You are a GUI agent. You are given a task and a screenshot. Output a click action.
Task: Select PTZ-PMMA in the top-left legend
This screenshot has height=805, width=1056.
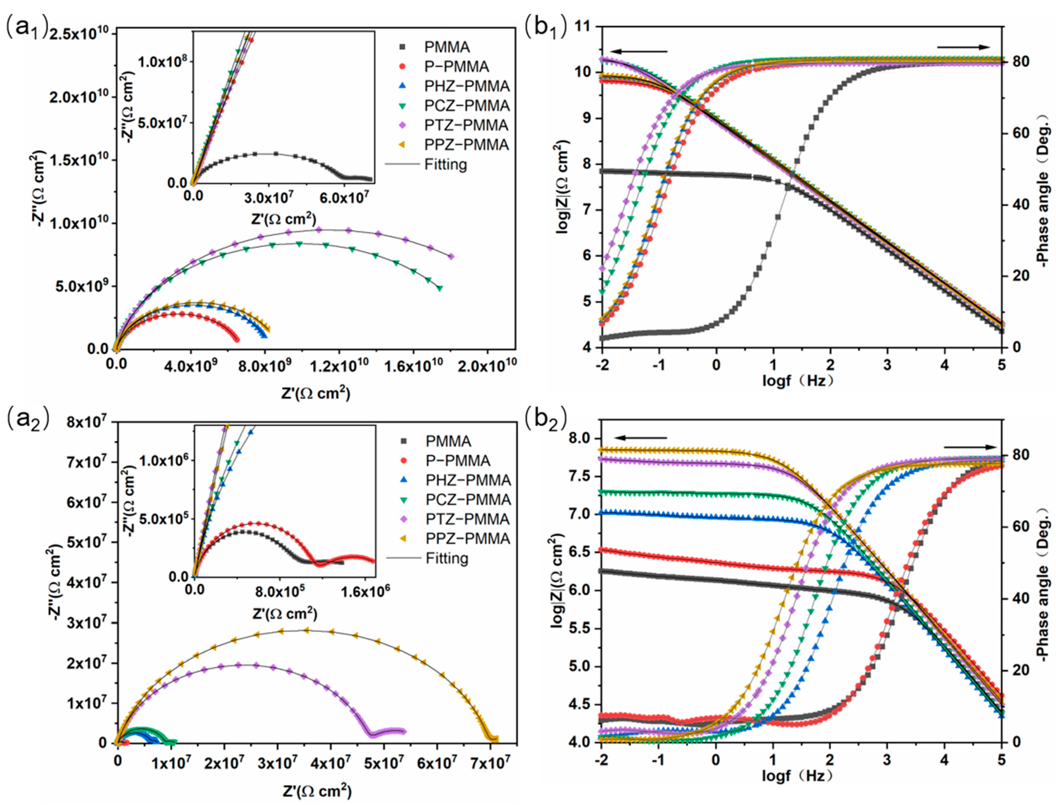(x=466, y=125)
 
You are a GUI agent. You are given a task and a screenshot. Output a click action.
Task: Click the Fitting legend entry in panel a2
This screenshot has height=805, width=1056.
(x=446, y=558)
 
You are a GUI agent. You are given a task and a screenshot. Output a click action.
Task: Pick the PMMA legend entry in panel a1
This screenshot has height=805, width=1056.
(x=446, y=47)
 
